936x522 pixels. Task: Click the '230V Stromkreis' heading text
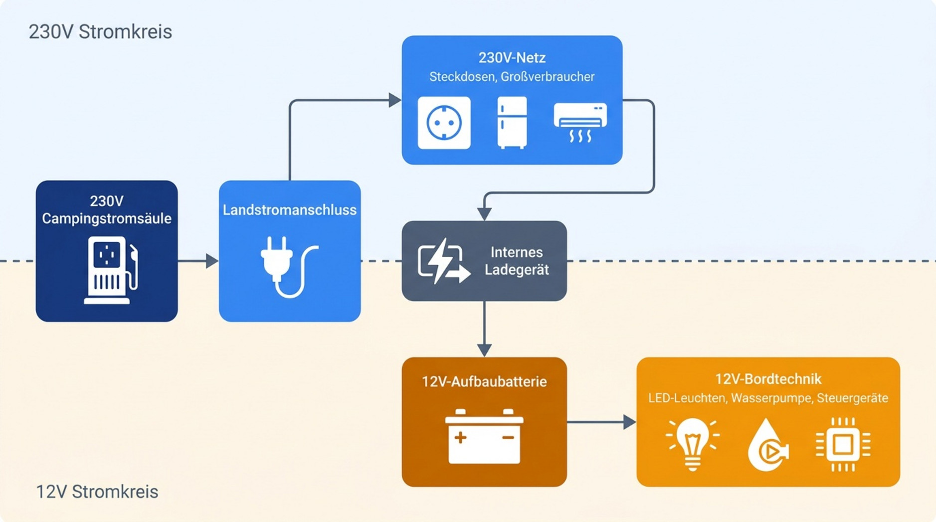tap(100, 32)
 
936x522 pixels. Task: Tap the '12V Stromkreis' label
tap(97, 492)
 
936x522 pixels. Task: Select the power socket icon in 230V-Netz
tap(444, 123)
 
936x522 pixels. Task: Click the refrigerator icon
tap(512, 123)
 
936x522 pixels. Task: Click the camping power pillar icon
tap(111, 270)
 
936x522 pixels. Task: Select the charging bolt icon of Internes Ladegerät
tap(443, 261)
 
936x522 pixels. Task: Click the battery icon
tap(484, 436)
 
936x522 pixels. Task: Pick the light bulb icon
tap(692, 444)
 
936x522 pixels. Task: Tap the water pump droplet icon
tap(767, 445)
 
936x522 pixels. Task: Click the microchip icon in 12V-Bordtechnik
tap(843, 444)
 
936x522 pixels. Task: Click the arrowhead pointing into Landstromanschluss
tap(212, 261)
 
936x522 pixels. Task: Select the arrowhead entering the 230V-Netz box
tap(395, 100)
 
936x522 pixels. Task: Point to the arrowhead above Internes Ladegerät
tap(484, 214)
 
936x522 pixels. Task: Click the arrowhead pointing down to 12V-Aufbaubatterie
tap(484, 350)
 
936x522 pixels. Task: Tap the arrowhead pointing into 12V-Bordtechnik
tap(630, 422)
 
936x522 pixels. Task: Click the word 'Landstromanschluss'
tap(290, 210)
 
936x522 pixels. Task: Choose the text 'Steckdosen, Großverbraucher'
tap(512, 77)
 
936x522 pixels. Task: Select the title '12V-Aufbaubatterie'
tap(484, 382)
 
